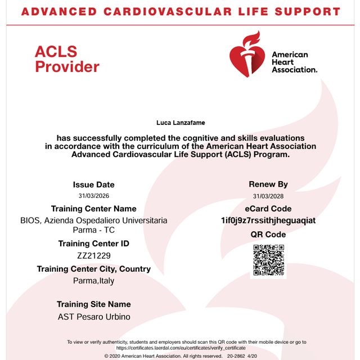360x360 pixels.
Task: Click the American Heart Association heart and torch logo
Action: tap(248, 55)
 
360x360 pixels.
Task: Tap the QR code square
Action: tap(268, 260)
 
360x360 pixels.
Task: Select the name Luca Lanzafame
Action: tap(179, 122)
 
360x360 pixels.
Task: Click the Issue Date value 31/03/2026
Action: tap(94, 196)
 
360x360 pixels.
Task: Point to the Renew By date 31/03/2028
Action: tap(268, 196)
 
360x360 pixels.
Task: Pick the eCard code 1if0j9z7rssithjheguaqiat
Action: tap(268, 220)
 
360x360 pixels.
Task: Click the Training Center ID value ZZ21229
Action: tap(94, 255)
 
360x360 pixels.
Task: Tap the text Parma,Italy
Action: tap(94, 281)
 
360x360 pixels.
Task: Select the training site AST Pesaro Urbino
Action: tap(94, 317)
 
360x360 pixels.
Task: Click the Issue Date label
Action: tap(94, 184)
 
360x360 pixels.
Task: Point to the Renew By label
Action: tap(268, 184)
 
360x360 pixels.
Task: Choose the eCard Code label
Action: tap(268, 209)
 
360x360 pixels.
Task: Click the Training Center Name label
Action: tap(94, 209)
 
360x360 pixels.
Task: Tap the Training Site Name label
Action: tap(94, 304)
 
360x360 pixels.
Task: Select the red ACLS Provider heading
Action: tap(66, 59)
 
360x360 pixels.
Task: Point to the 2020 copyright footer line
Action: tap(181, 356)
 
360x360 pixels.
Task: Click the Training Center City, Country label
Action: tap(94, 269)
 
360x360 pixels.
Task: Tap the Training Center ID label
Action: tap(94, 244)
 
